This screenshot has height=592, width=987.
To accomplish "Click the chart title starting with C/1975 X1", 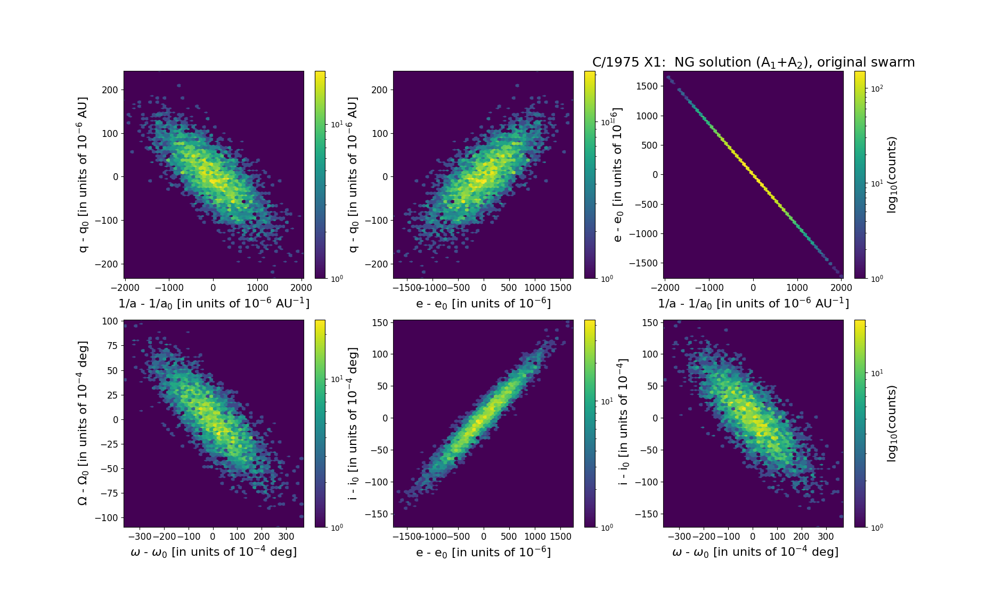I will point(753,62).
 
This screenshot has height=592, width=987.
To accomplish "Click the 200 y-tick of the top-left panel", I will point(110,90).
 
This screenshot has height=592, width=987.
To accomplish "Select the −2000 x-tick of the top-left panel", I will point(125,288).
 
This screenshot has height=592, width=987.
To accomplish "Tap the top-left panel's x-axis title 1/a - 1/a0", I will point(214,303).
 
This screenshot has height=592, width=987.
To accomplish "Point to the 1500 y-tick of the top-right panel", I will point(647,86).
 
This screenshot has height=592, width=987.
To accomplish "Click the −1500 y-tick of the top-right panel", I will point(643,263).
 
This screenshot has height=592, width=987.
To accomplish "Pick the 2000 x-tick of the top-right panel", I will point(841,288).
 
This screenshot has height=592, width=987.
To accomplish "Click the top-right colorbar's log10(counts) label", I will point(892,175).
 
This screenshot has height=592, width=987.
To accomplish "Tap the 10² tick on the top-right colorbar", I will point(876,88).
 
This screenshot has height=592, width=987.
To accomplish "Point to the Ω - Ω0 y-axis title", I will point(83,424).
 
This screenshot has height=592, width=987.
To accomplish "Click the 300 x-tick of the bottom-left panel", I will point(286,537).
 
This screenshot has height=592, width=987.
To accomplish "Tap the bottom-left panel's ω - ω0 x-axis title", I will point(214,552).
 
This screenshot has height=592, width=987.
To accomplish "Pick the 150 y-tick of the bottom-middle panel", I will point(379,322).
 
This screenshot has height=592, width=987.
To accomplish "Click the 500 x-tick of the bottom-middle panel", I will point(509,537).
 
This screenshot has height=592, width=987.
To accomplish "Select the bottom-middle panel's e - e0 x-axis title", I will point(483,552).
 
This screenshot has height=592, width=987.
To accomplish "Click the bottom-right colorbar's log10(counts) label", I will point(892,424).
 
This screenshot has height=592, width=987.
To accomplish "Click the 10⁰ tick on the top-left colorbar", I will point(336,278).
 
